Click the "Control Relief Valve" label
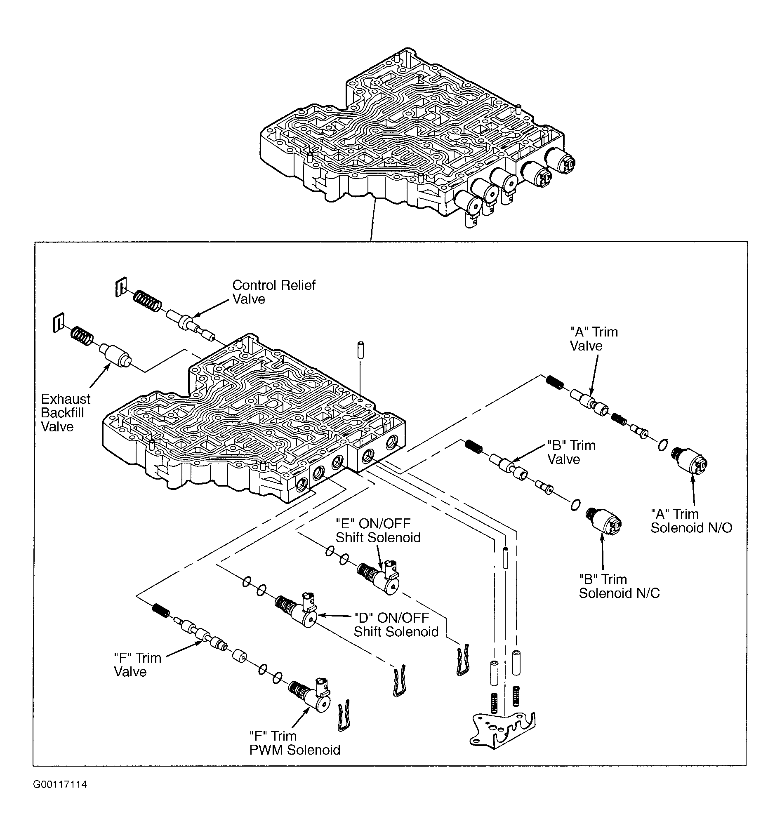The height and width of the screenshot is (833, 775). pyautogui.click(x=274, y=292)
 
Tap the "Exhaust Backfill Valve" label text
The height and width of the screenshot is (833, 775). pyautogui.click(x=66, y=413)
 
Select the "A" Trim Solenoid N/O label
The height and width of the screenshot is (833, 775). pyautogui.click(x=691, y=520)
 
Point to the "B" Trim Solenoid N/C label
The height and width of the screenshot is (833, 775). pyautogui.click(x=619, y=586)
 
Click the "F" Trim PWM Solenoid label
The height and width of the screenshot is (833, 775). pyautogui.click(x=294, y=743)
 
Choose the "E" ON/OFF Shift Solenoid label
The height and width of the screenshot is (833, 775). pyautogui.click(x=378, y=530)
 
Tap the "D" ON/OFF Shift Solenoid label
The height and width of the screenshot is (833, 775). pyautogui.click(x=396, y=625)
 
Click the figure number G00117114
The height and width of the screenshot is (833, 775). pyautogui.click(x=60, y=784)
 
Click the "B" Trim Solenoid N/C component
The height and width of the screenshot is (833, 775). pyautogui.click(x=603, y=522)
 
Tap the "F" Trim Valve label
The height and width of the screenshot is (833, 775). pyautogui.click(x=137, y=665)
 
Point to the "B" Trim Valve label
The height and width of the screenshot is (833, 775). pyautogui.click(x=571, y=452)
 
